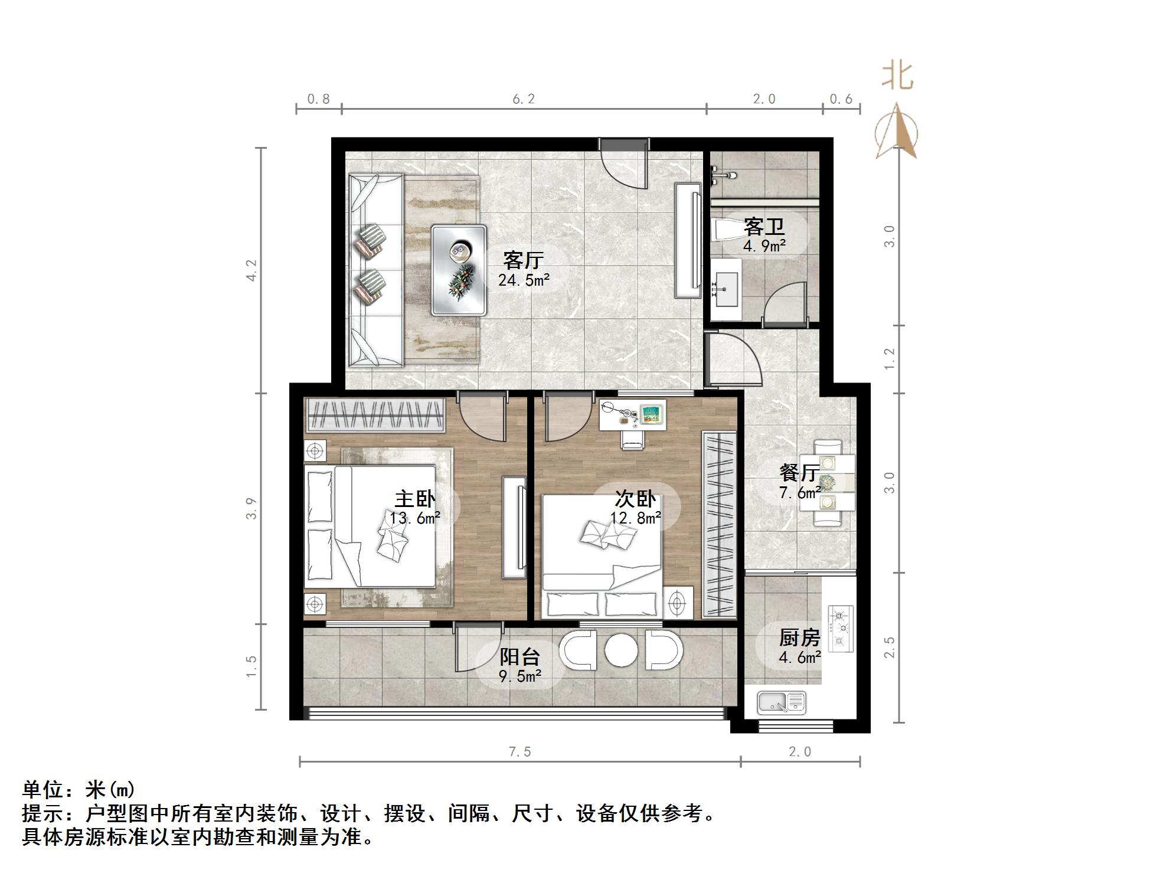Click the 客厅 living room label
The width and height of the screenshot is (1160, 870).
523,260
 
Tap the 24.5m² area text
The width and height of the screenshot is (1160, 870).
523,280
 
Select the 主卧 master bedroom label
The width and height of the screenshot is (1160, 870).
415,499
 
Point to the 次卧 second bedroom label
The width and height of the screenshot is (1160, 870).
635,499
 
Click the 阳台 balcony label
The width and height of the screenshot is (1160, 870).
519,657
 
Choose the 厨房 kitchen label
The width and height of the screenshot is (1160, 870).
799,637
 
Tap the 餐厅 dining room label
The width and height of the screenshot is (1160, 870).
799,472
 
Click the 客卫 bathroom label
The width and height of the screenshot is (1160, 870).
764,227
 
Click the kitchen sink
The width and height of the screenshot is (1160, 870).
781,702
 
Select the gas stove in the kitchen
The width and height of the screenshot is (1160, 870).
841,629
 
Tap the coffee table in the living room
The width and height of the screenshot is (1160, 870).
459,269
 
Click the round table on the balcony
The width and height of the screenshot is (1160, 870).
621,650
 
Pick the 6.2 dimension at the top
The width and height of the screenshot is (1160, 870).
523,99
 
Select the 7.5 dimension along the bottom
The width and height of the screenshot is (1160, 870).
519,751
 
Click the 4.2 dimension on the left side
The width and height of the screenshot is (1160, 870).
251,270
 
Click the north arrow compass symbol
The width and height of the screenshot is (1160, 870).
896,133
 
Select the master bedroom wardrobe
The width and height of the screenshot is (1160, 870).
375,415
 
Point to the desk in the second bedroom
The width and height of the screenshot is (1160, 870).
632,415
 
